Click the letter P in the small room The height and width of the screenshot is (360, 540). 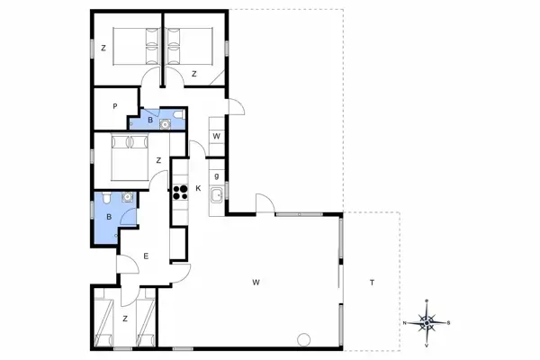(x=115, y=105)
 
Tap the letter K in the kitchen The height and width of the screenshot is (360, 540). (x=198, y=188)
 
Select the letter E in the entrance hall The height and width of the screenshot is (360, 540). (x=146, y=256)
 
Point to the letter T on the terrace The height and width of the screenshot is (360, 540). (x=371, y=283)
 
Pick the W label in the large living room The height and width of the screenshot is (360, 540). (x=256, y=283)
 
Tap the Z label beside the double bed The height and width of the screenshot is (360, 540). (x=157, y=160)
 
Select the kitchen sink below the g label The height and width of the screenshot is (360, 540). (x=216, y=195)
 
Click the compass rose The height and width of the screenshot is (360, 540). (x=428, y=321)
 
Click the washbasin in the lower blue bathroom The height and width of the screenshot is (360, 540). (x=128, y=195)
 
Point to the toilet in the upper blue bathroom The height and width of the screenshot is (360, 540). (x=178, y=115)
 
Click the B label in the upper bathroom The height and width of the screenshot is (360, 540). (x=149, y=119)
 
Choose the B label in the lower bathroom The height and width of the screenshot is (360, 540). (x=108, y=217)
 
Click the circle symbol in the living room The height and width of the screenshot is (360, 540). (x=303, y=338)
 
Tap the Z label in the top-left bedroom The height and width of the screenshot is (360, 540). (x=104, y=48)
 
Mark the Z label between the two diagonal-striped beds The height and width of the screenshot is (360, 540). (x=125, y=319)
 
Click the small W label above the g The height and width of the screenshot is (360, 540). (x=216, y=136)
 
